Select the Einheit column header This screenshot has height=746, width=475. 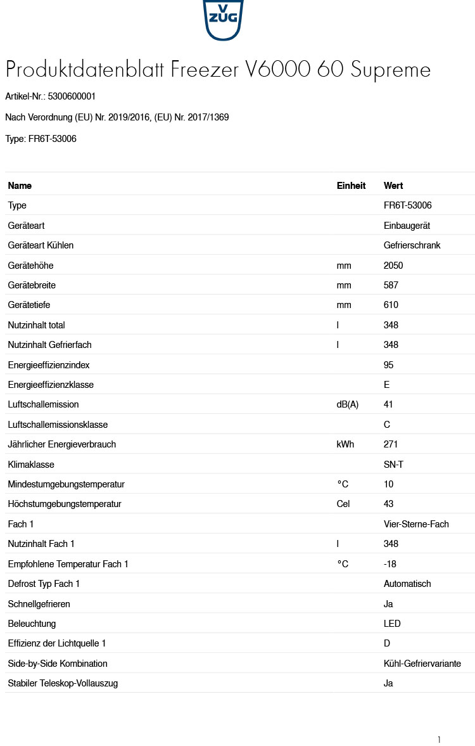351,186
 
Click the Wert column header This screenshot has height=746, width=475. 393,186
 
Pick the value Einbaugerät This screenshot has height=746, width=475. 407,226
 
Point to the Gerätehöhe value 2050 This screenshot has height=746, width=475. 393,266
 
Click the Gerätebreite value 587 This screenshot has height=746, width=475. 391,285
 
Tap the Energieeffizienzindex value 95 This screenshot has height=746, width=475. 388,365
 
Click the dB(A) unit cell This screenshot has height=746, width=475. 347,404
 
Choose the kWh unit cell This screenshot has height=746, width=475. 345,444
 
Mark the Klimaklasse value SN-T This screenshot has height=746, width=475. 393,465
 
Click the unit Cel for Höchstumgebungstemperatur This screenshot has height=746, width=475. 343,504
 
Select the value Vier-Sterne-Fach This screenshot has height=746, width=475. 416,524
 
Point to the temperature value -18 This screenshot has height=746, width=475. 390,564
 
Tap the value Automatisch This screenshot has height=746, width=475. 407,584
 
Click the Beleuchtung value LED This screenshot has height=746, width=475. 392,624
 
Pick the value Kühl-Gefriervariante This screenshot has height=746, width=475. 422,664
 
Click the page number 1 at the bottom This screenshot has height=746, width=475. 438,740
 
